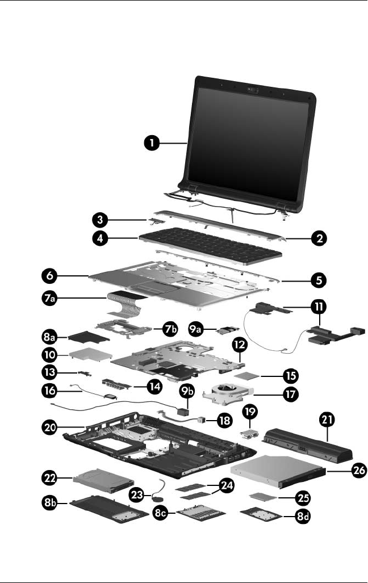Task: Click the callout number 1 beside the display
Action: [x=150, y=144]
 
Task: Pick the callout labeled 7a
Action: [x=49, y=297]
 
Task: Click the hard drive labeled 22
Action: [x=102, y=483]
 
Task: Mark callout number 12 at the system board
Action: [x=239, y=345]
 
